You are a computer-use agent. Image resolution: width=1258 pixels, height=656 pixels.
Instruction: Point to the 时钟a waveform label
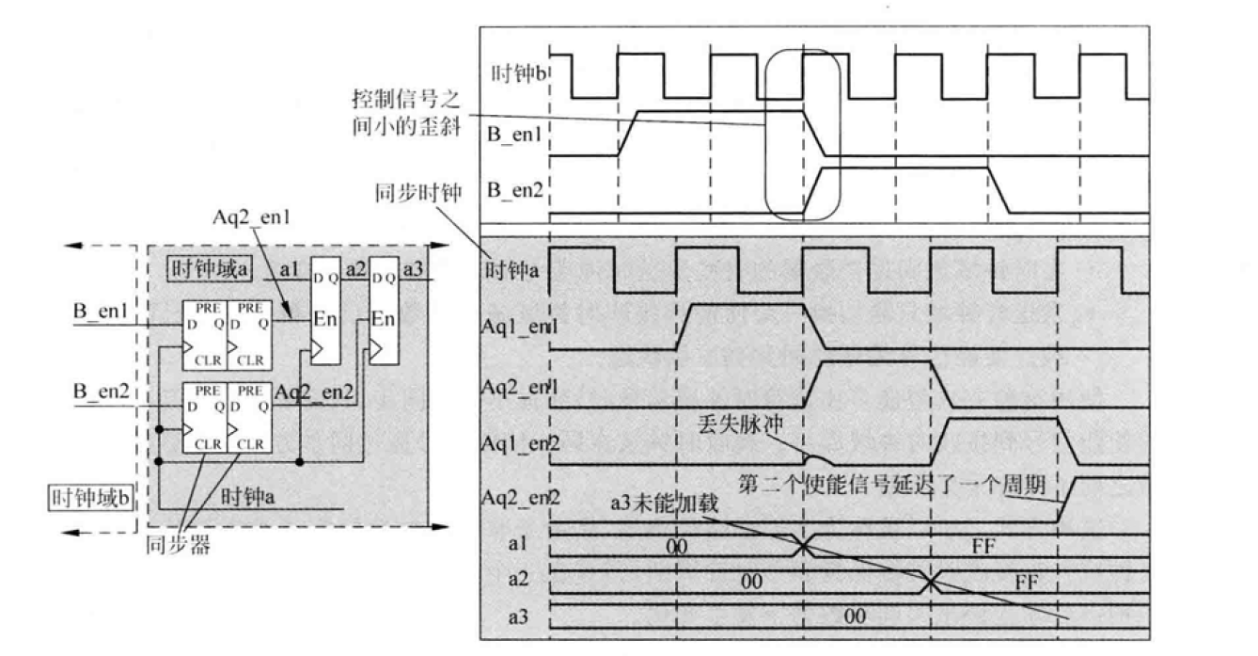pos(513,273)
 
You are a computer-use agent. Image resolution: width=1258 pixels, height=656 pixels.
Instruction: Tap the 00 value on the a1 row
pos(675,544)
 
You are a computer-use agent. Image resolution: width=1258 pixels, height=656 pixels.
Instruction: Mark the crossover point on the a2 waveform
pos(929,584)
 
